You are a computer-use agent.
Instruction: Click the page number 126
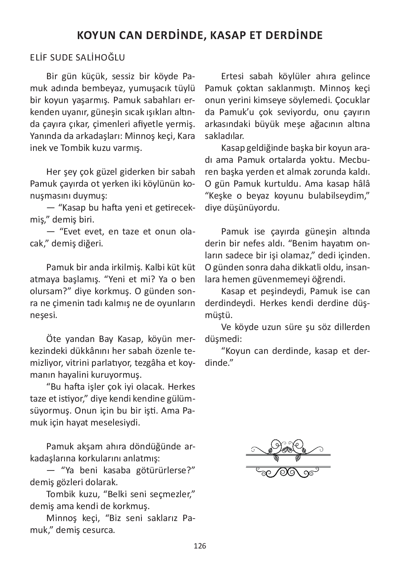[200, 546]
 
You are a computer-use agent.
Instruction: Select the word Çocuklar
[353, 100]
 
